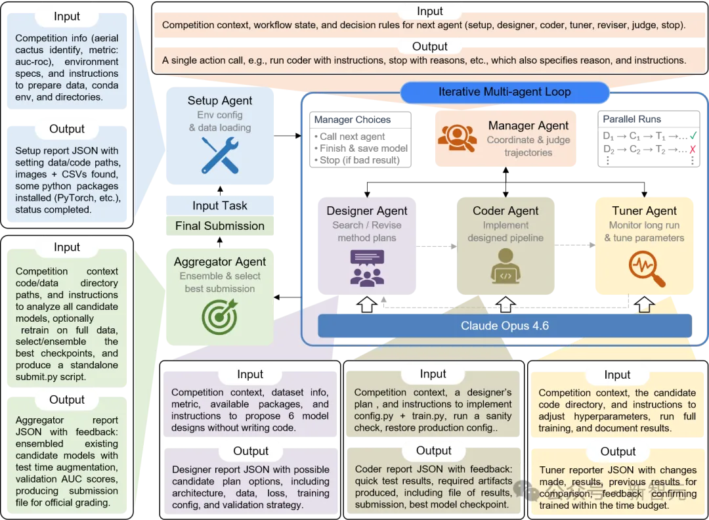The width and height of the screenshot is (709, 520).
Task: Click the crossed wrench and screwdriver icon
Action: coord(220,155)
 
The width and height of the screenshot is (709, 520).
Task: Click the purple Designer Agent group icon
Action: coord(367,269)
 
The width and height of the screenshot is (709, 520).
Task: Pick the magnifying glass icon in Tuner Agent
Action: coord(645,269)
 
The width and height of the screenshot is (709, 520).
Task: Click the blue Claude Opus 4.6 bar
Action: coord(505,326)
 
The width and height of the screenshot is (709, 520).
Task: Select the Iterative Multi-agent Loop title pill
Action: coord(504,92)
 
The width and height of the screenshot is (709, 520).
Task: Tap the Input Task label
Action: coord(220,206)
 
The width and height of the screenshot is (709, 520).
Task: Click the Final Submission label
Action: coord(220,226)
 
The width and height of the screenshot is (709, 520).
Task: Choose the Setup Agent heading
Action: coord(220,100)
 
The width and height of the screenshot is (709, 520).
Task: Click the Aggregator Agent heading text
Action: coord(220,262)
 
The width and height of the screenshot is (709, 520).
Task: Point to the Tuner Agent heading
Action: coord(644,211)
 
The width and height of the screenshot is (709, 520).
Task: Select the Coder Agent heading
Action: coord(505,211)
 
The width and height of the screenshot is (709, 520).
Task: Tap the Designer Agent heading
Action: coord(367,211)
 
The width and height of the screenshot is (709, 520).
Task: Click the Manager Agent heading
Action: coord(528,125)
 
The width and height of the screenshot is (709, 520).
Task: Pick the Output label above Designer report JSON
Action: coord(251,451)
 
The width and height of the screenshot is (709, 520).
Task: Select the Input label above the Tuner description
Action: coord(617,374)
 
